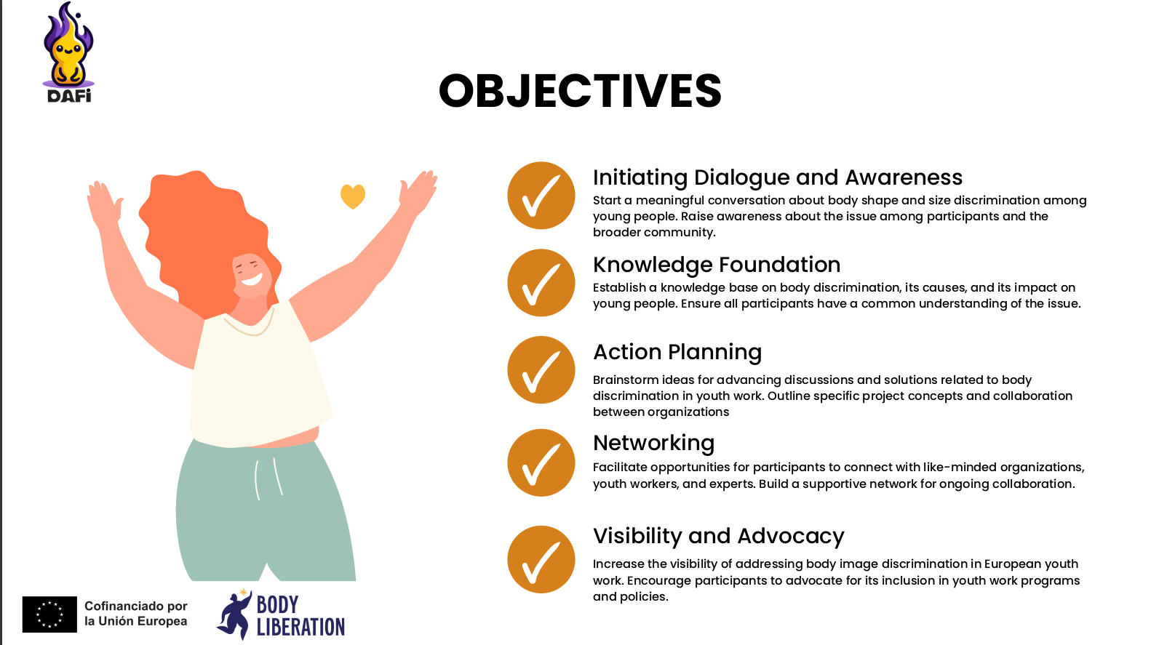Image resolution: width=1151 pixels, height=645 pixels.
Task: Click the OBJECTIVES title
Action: point(580,91)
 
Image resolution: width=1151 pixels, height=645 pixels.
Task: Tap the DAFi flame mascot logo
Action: point(68,52)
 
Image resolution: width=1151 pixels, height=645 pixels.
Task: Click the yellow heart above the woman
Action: point(352,196)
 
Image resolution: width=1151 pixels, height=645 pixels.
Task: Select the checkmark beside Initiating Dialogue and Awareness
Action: point(541,195)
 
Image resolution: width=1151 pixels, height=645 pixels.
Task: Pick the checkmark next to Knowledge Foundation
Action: point(541,282)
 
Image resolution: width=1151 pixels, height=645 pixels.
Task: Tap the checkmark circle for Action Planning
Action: point(541,369)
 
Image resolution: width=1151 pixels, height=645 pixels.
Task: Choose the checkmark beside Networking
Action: point(541,462)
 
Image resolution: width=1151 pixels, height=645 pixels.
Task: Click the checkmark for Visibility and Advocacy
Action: point(541,559)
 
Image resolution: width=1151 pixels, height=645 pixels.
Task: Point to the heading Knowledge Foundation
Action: point(717,265)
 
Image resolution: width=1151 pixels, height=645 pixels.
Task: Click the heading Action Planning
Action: point(677,352)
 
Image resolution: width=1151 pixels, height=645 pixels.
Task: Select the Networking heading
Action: point(653,443)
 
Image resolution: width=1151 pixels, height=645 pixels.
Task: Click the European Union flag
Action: point(49,614)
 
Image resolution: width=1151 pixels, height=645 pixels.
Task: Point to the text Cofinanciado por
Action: point(135,606)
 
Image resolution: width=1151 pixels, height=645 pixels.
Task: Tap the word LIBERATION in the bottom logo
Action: point(300,627)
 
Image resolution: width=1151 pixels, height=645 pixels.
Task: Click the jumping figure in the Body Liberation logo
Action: point(235,614)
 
